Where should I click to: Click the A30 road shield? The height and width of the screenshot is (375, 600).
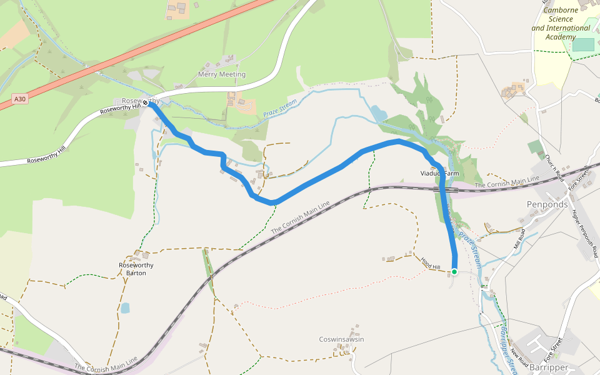tap(20, 99)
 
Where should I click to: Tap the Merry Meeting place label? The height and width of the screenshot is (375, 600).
tap(221, 74)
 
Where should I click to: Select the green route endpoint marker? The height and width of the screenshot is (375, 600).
tap(454, 271)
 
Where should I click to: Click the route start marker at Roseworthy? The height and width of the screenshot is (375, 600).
tap(146, 103)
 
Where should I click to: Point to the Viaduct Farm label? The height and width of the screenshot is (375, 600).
tap(440, 172)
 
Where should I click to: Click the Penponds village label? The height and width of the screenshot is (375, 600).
tap(547, 204)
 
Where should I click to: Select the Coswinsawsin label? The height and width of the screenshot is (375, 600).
tap(341, 339)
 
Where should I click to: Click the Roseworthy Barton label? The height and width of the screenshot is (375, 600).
tap(136, 269)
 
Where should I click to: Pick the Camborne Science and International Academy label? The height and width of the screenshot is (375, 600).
tap(560, 24)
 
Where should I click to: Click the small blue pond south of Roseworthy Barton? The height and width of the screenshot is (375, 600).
tap(126, 307)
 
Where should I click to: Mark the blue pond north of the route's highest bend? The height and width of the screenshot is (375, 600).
tap(379, 113)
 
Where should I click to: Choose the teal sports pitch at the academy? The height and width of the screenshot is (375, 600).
tap(583, 44)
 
